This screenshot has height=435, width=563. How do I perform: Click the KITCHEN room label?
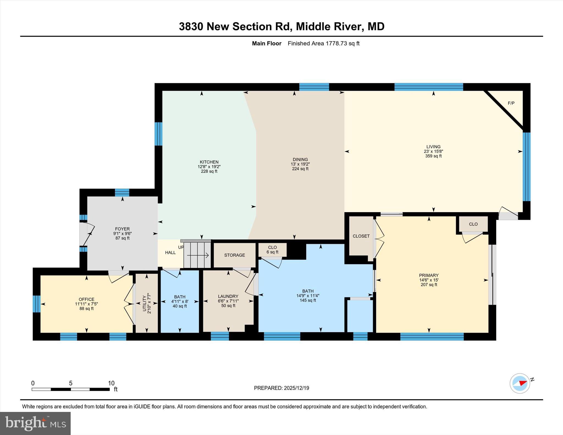coord(209,162)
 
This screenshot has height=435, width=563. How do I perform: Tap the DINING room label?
coord(300,160)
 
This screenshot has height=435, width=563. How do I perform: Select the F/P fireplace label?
coord(511,103)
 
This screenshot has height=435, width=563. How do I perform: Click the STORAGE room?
coord(234,255)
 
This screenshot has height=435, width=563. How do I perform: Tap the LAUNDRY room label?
coord(228,296)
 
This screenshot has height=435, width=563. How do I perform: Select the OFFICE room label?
coord(87,299)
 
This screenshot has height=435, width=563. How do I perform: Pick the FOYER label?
coord(122,229)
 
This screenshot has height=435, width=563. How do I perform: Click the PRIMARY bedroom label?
coord(429,275)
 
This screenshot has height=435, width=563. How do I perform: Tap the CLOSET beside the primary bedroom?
coord(361,236)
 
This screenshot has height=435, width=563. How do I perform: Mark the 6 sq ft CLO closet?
coord(272,250)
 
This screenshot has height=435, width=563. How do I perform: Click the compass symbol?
coord(520,383)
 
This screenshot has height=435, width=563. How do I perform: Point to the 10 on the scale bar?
coord(111,383)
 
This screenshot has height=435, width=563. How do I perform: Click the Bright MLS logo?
coord(35,423)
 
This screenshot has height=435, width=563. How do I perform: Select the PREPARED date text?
coord(281,388)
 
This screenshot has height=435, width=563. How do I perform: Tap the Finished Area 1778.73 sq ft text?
coord(324,43)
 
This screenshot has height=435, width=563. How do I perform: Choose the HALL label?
coord(170,253)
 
